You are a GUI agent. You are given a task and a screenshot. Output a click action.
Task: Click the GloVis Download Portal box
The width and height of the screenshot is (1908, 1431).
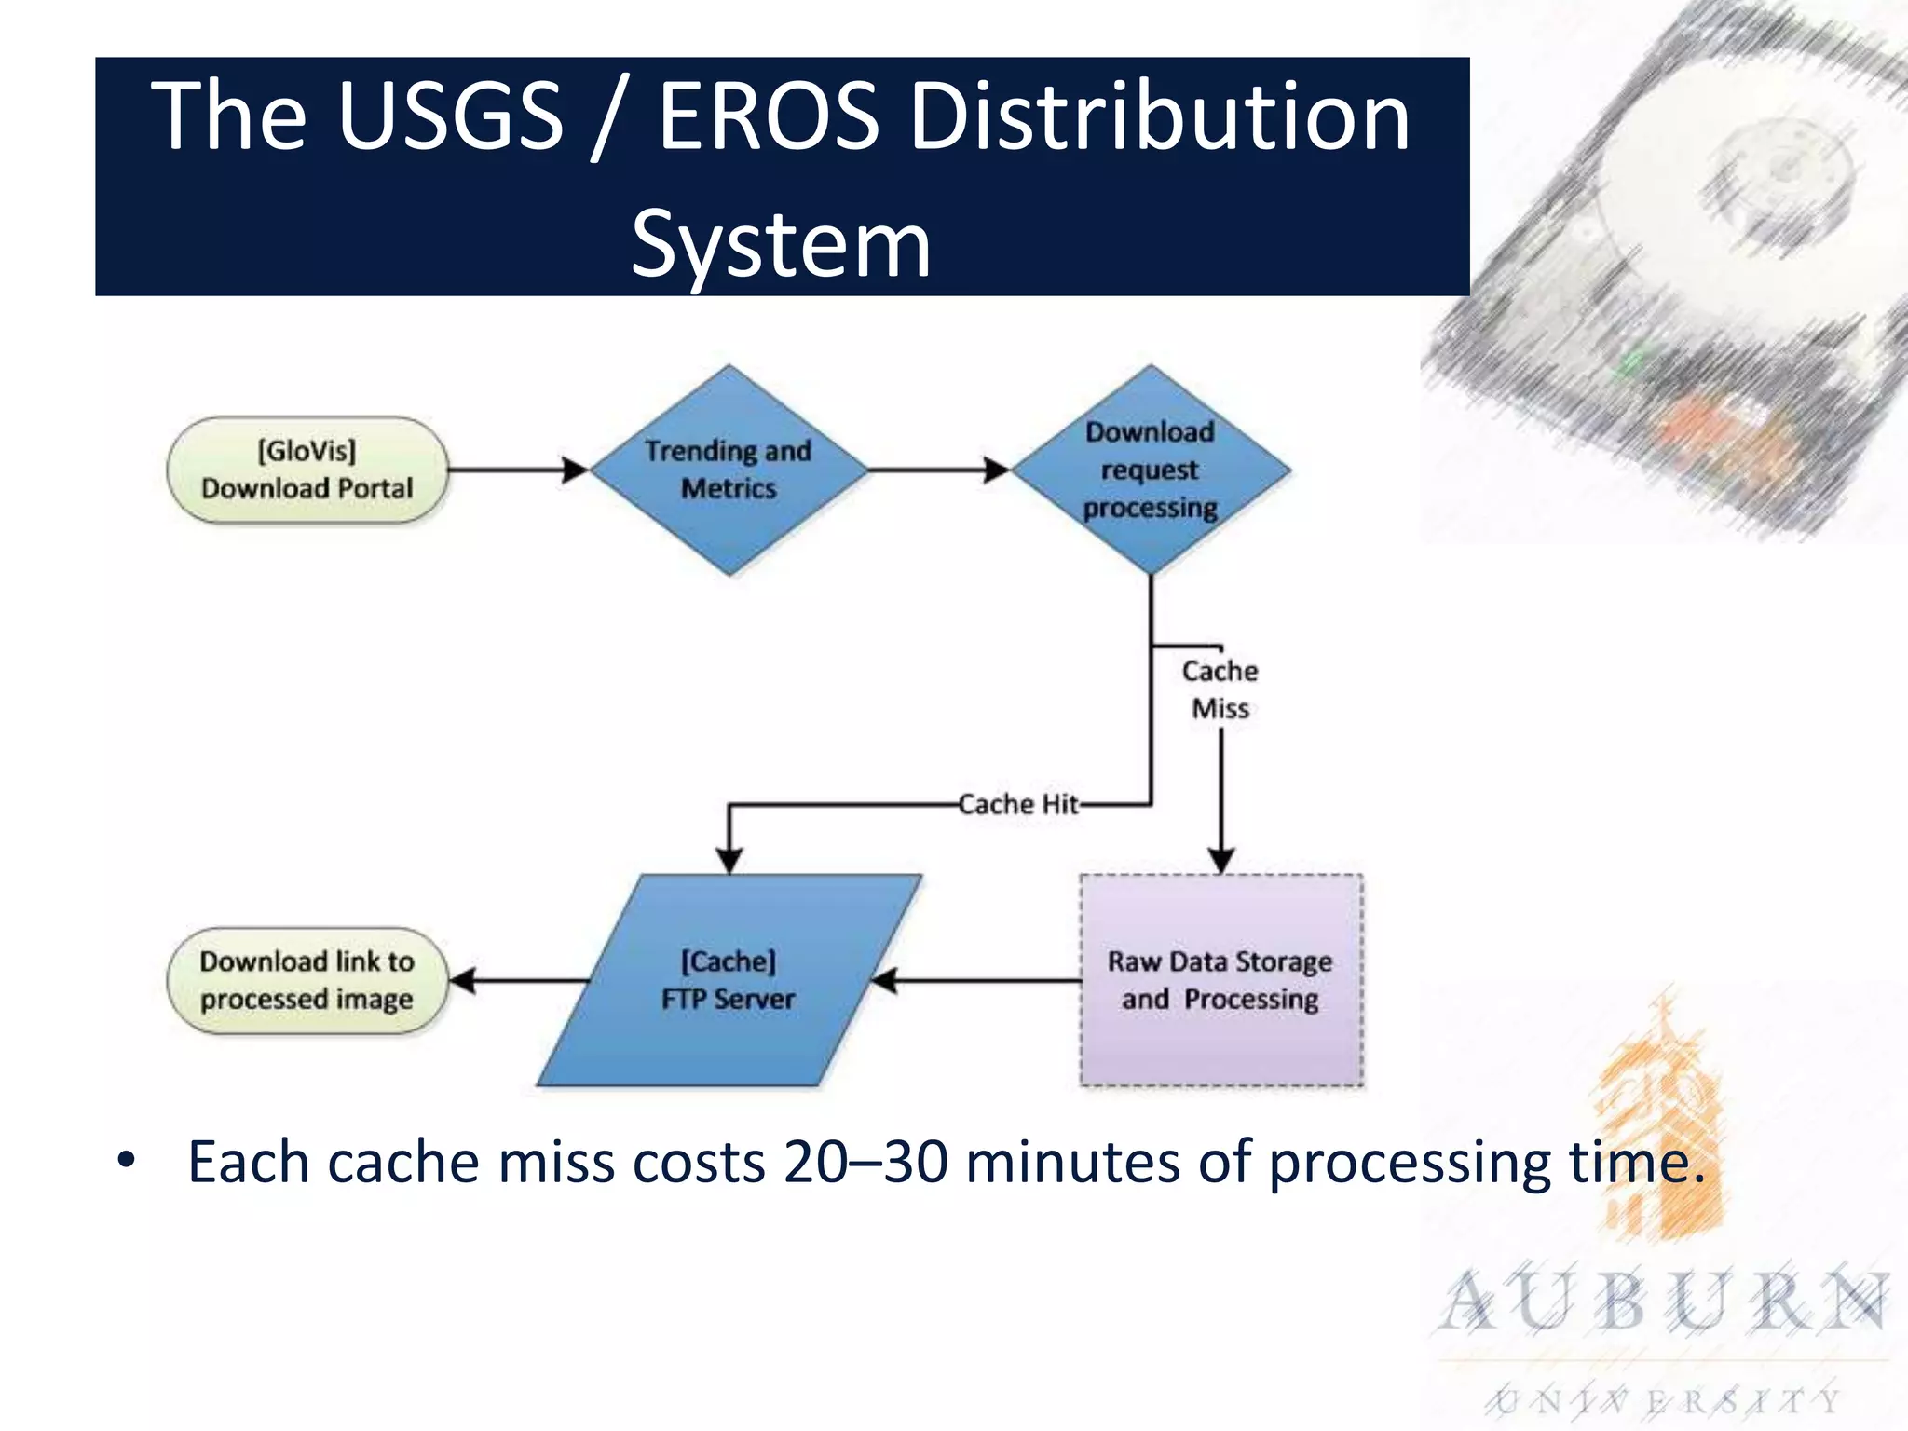click(x=307, y=470)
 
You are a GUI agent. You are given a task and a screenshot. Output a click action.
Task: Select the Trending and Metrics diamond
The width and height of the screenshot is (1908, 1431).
click(x=729, y=470)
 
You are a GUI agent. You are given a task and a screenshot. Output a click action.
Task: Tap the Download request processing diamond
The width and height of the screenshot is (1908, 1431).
click(x=1151, y=470)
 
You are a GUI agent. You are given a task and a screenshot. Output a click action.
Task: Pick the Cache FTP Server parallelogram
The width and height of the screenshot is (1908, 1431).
click(x=729, y=980)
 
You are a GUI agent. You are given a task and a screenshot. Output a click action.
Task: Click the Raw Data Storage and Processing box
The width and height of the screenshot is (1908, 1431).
click(x=1220, y=980)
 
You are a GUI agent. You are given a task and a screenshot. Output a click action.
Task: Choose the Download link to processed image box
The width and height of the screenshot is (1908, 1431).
click(x=307, y=980)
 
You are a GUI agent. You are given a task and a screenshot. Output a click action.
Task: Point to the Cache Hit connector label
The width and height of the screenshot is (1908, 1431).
click(x=1018, y=804)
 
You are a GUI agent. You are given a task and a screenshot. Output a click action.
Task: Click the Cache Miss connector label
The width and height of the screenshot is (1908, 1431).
click(x=1220, y=689)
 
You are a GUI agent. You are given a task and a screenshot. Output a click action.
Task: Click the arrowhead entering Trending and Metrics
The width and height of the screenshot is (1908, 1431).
click(x=576, y=470)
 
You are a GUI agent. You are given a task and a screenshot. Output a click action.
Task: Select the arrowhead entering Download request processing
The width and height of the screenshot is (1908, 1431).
click(x=997, y=470)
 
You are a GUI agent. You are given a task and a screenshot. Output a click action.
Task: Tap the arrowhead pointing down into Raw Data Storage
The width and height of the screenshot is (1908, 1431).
click(x=1221, y=860)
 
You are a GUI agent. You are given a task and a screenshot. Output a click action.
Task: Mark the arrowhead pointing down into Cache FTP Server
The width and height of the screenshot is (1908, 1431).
click(x=729, y=860)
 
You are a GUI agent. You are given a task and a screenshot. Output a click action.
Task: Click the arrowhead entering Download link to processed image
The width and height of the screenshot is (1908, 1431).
click(x=463, y=980)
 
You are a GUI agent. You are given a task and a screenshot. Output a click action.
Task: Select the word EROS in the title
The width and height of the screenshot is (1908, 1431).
click(x=769, y=116)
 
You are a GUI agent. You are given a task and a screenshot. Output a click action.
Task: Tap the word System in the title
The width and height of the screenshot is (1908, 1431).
click(x=781, y=244)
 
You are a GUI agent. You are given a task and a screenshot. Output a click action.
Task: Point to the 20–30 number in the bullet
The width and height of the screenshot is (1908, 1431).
click(x=865, y=1163)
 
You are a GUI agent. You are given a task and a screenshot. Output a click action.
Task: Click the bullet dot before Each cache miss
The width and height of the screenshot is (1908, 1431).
click(x=127, y=1161)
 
